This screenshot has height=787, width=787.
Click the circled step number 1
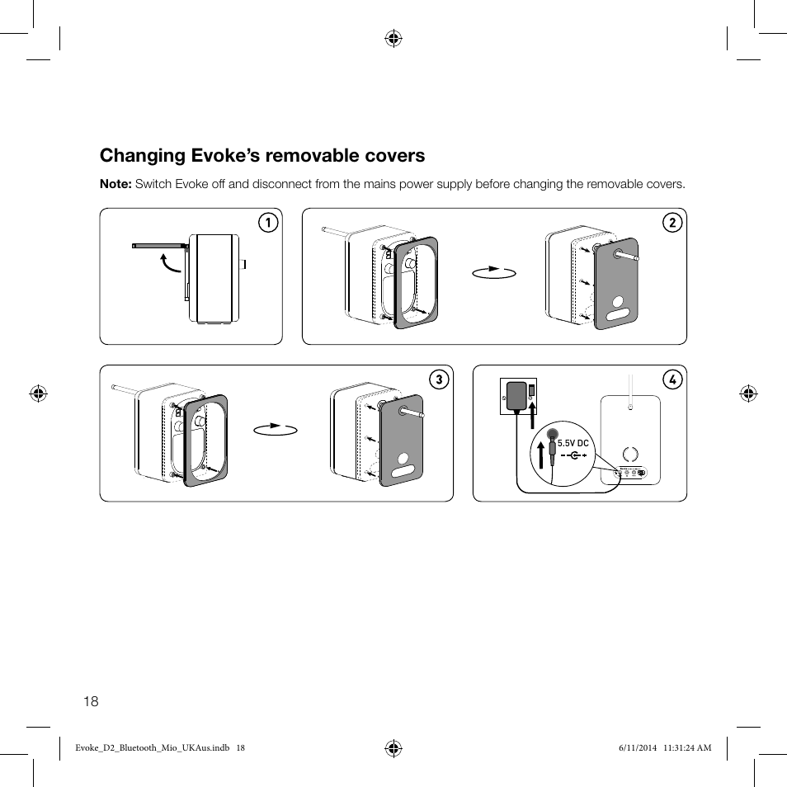[266, 223]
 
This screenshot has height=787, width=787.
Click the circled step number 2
[672, 223]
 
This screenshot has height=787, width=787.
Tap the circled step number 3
[439, 379]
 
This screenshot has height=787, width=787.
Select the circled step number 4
[672, 379]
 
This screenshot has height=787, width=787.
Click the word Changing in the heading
[142, 155]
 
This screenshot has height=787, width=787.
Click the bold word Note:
[115, 184]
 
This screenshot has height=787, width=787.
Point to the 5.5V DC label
[573, 444]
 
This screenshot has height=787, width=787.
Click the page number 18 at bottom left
[91, 701]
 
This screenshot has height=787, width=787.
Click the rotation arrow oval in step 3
[275, 429]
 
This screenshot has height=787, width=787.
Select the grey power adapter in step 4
[517, 395]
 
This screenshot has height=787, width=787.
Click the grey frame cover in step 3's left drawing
[207, 441]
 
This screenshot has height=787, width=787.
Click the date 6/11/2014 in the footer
[634, 748]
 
